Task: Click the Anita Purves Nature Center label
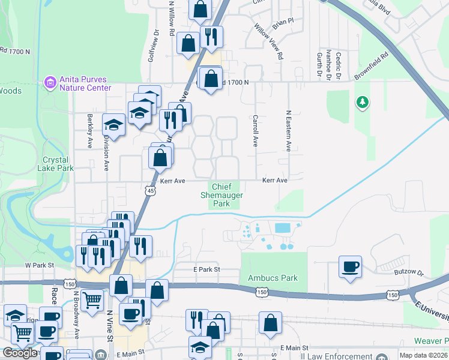[85, 83]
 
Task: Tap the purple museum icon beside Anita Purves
[50, 80]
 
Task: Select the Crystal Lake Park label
[58, 164]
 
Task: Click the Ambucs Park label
[273, 278]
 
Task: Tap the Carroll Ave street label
[255, 131]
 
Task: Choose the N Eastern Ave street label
[288, 130]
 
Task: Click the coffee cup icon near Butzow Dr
[350, 267]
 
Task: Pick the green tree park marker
[362, 103]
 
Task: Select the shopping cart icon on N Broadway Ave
[92, 299]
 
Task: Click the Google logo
[19, 353]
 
